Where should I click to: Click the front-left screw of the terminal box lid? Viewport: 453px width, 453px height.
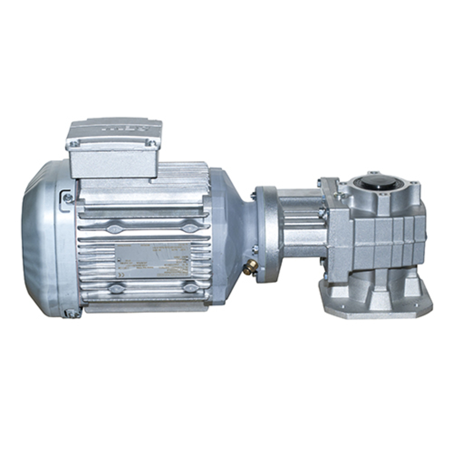coord(76,144)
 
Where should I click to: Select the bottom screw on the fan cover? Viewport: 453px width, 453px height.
coord(71,313)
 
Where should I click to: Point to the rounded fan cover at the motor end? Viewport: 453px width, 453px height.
coord(43,240)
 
